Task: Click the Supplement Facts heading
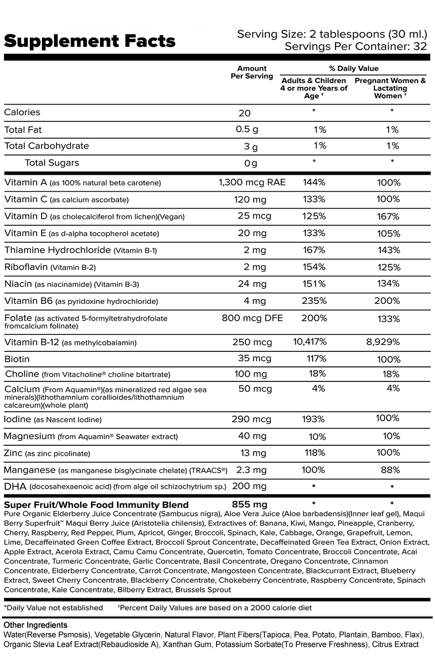click(x=89, y=41)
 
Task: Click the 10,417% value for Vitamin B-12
click(x=310, y=342)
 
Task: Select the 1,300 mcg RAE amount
click(x=252, y=182)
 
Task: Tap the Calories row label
click(x=22, y=112)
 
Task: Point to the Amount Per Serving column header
click(x=252, y=72)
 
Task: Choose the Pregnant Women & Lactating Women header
click(x=390, y=88)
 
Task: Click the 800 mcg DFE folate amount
click(x=252, y=318)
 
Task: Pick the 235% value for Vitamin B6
click(x=314, y=301)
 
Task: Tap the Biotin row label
click(x=17, y=359)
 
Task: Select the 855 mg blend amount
click(x=250, y=505)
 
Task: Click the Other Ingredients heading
click(x=35, y=625)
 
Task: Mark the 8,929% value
click(x=383, y=342)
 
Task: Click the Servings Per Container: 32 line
click(x=356, y=46)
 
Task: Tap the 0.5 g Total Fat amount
click(x=247, y=130)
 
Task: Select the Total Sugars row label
click(x=52, y=163)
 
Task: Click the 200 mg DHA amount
click(x=249, y=486)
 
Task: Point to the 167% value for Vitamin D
click(x=389, y=216)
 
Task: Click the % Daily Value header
click(x=354, y=68)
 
